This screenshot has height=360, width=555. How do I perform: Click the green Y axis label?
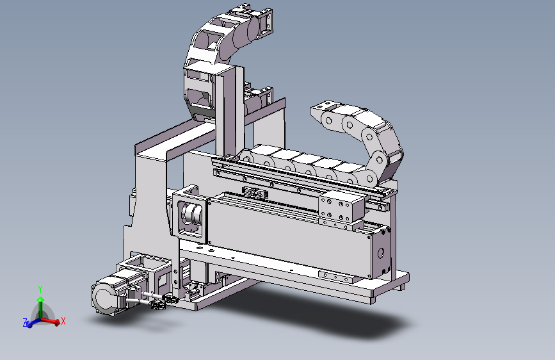(x=40, y=289)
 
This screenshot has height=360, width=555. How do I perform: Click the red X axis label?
(x=63, y=322)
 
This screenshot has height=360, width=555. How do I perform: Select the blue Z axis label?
(x=25, y=323)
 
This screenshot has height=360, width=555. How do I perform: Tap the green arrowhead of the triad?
(x=40, y=299)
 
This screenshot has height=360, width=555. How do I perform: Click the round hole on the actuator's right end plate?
(x=382, y=247)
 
